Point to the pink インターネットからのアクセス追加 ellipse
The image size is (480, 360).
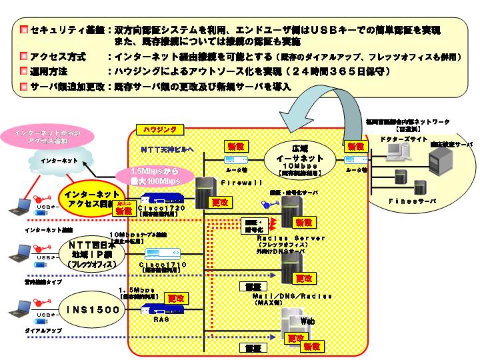click(49, 133)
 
